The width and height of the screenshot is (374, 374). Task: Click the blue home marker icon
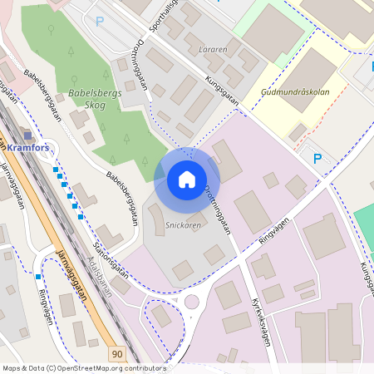tap(187, 180)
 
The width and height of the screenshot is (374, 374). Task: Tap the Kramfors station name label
tap(27, 148)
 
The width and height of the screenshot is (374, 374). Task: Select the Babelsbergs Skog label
tap(96, 99)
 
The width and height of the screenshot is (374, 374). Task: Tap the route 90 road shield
tap(116, 354)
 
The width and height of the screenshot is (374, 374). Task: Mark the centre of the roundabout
tap(194, 302)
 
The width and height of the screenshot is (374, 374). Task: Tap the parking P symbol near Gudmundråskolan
tap(317, 158)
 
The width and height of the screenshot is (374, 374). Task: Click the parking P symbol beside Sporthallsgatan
tap(101, 22)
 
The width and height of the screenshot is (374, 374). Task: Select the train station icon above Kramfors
tap(27, 135)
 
